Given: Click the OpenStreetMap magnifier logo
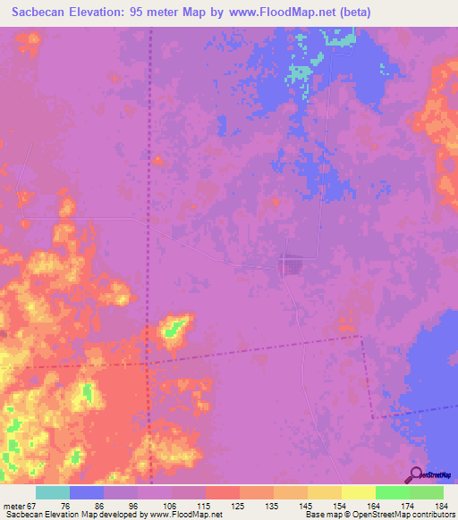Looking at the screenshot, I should (x=417, y=474).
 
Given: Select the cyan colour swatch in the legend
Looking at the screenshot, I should (x=52, y=492).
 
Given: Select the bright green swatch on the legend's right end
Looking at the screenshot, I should (x=427, y=492).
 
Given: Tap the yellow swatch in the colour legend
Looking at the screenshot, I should (x=358, y=492).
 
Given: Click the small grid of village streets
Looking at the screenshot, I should (x=290, y=264).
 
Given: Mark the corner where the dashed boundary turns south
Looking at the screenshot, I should (x=361, y=337).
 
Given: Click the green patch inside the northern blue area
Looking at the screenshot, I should (x=304, y=71).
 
